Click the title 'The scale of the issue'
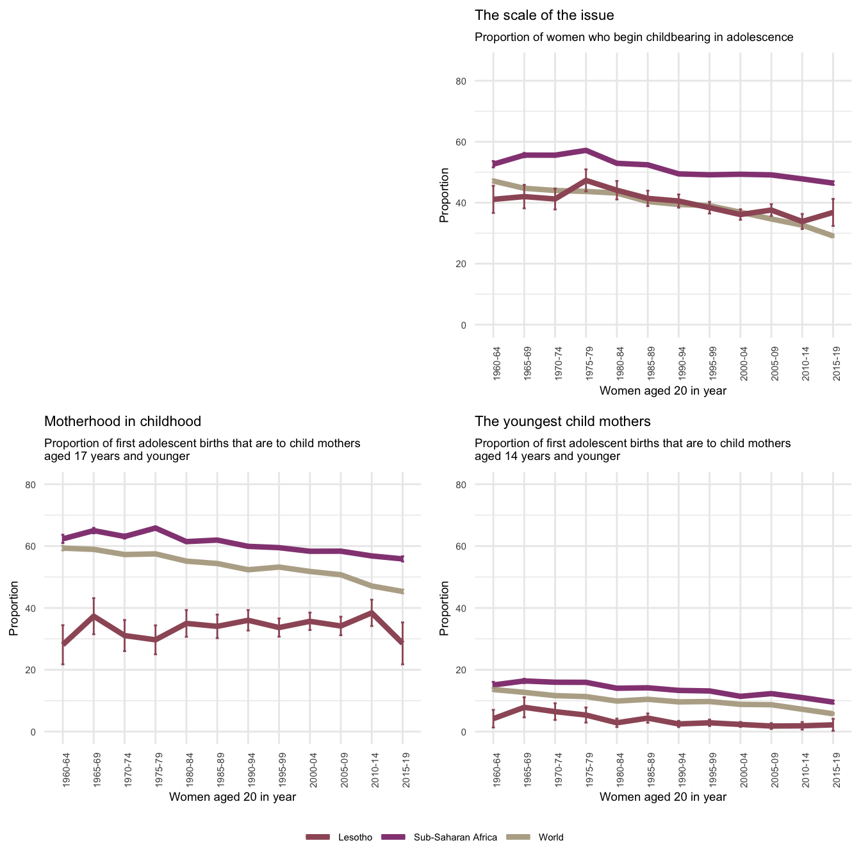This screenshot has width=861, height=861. [544, 15]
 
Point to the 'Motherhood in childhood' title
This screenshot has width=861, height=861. [122, 422]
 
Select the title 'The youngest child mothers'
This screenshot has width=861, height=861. [562, 422]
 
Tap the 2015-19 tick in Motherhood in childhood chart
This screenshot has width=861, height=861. [403, 768]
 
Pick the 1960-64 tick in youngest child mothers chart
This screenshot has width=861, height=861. [494, 768]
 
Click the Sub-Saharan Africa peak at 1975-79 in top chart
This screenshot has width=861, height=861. [586, 150]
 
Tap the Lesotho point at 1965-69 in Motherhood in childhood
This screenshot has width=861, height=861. [94, 616]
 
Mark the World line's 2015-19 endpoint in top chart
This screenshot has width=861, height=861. [833, 236]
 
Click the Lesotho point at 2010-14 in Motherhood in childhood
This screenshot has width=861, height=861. [372, 612]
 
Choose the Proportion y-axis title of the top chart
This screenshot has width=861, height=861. [444, 195]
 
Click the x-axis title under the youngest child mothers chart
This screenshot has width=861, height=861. [663, 797]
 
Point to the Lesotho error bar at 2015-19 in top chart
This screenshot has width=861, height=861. [833, 212]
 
